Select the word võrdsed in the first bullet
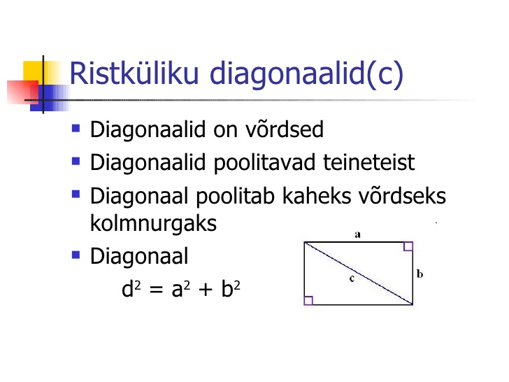[285, 129]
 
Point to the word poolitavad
[264, 164]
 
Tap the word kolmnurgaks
[153, 224]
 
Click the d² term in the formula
[131, 288]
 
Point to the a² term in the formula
[181, 289]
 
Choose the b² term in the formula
[231, 288]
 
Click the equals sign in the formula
[156, 290]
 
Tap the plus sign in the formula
[206, 289]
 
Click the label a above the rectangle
[357, 234]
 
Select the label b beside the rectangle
[420, 274]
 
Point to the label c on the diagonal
[352, 278]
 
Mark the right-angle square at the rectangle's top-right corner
[408, 246]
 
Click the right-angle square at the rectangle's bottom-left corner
[309, 300]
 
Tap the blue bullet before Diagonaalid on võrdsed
[76, 128]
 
